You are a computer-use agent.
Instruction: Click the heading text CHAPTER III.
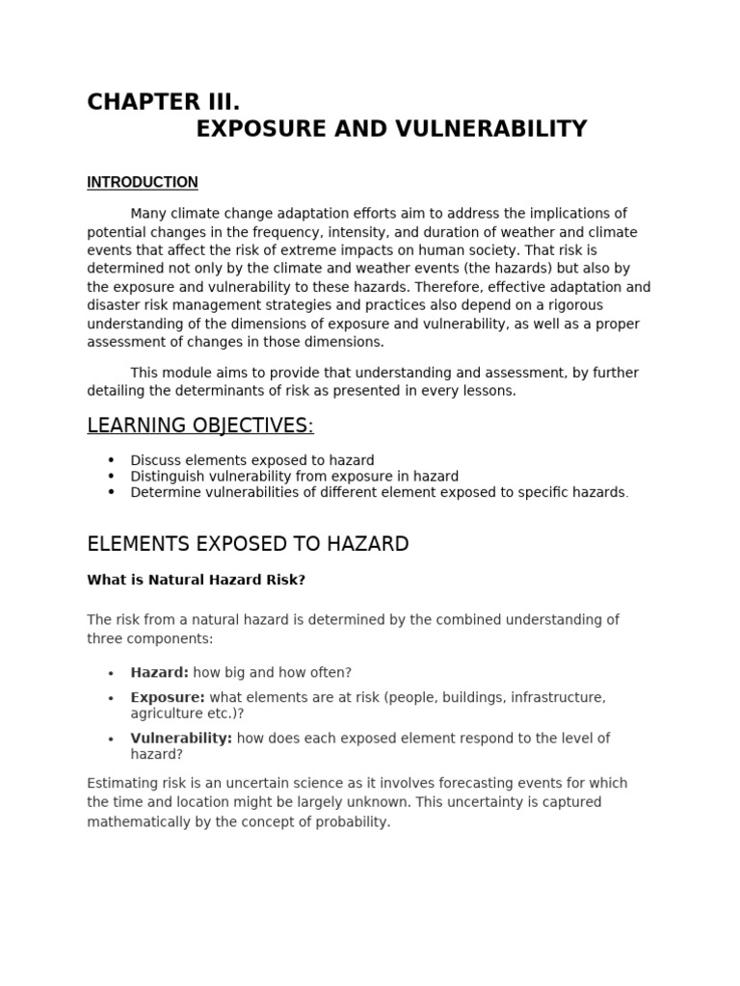point(163,102)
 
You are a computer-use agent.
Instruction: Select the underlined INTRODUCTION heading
point(143,182)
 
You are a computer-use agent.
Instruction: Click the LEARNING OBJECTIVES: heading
point(200,426)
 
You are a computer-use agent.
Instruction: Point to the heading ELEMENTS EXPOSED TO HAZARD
point(248,544)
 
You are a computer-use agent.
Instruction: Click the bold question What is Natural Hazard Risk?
point(196,580)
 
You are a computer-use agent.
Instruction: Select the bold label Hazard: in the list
point(159,673)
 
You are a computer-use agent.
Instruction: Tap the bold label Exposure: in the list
point(168,697)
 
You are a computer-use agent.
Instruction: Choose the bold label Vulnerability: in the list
point(181,739)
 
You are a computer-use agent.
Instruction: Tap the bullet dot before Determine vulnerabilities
point(112,492)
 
